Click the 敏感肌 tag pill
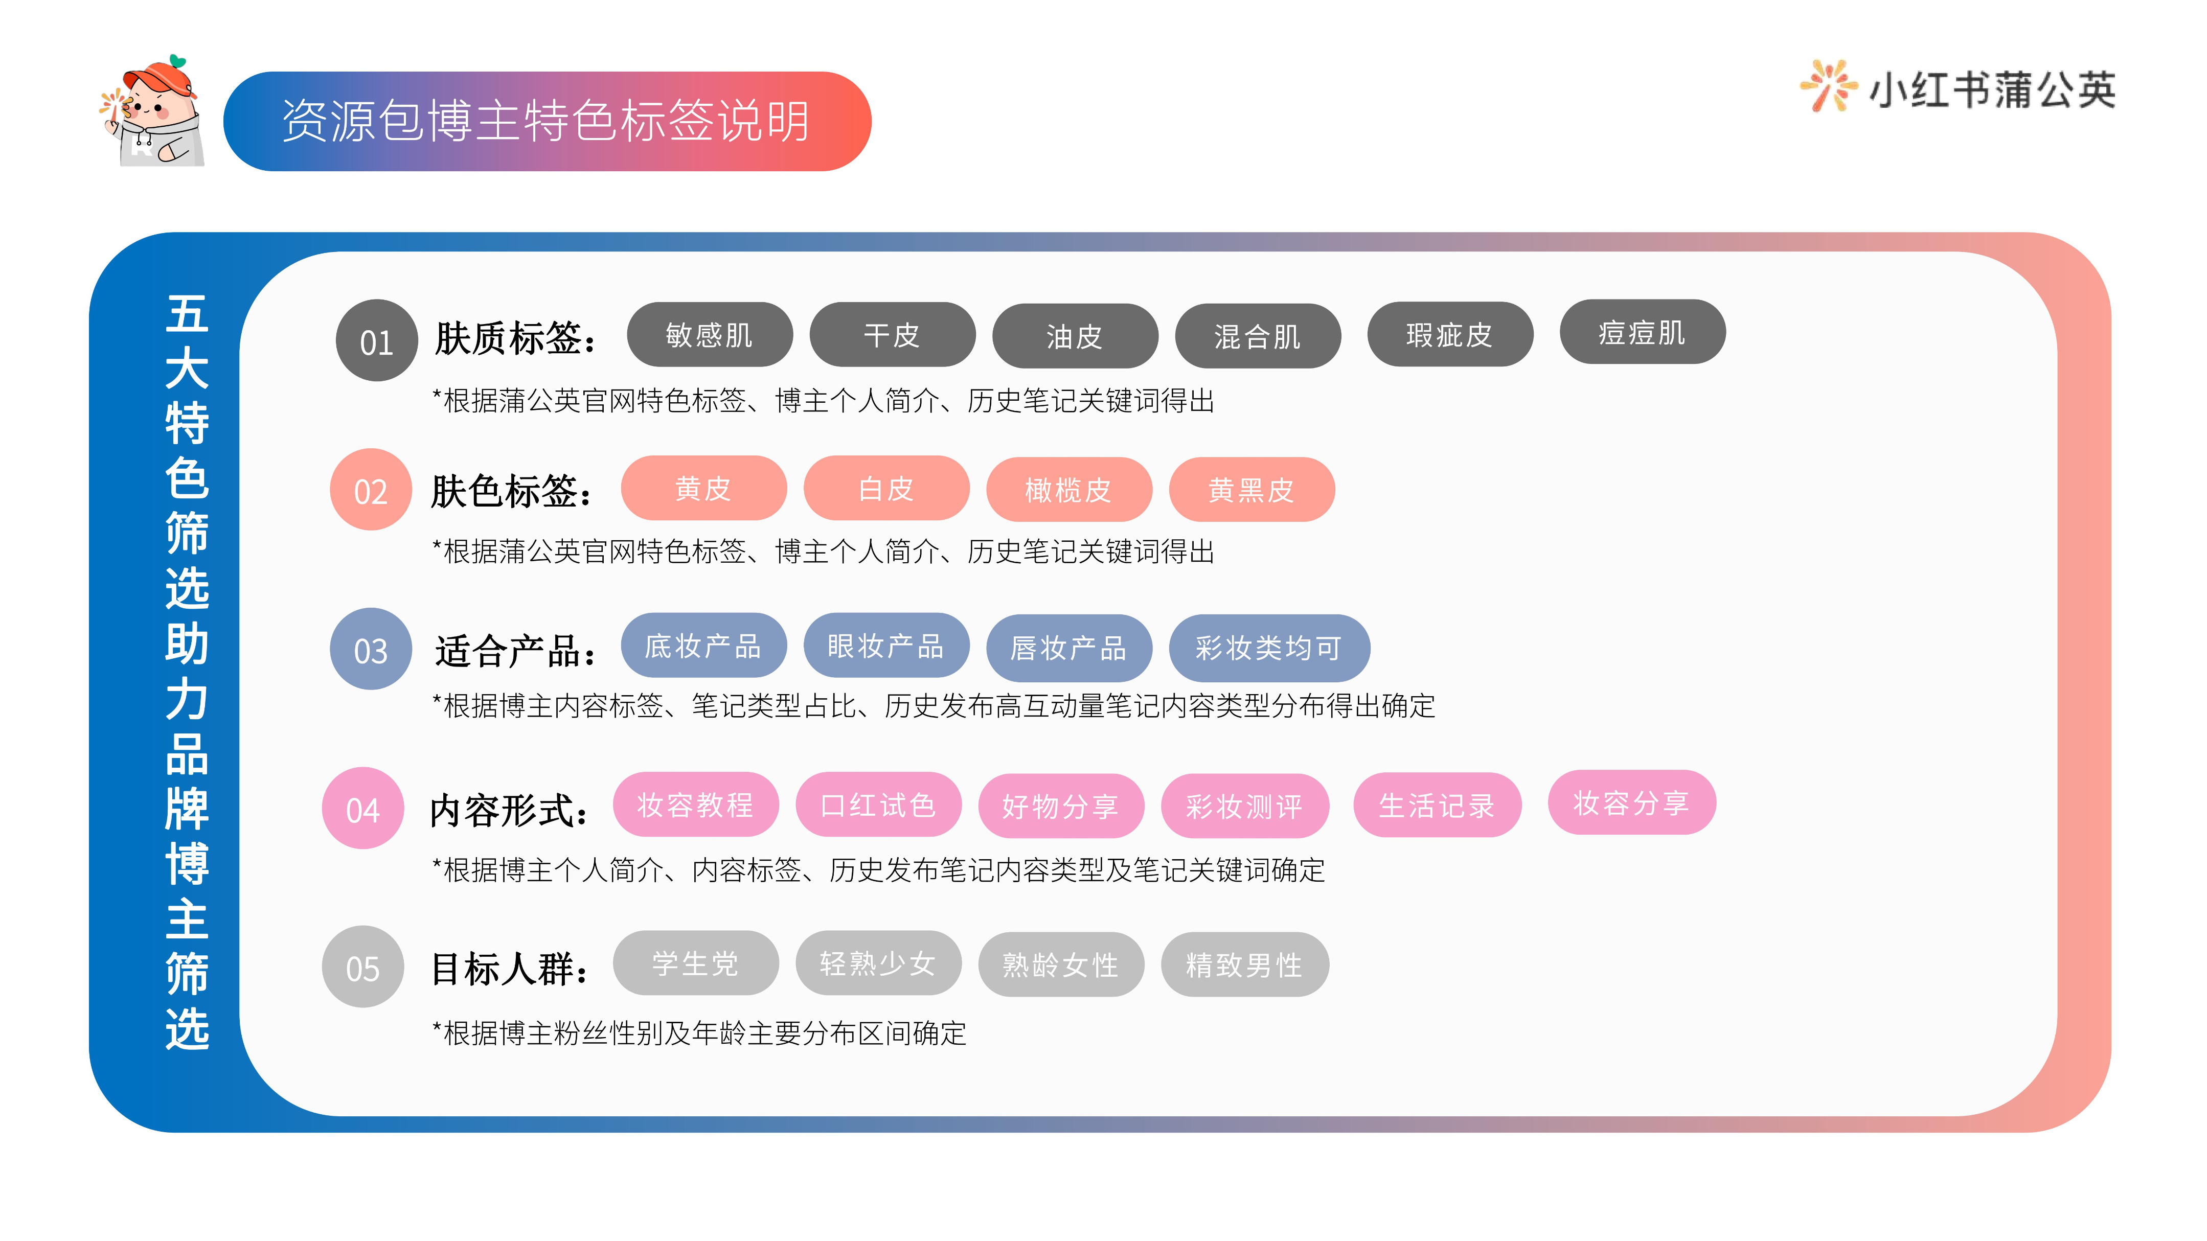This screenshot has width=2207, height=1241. pyautogui.click(x=710, y=335)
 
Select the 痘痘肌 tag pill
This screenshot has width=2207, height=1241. pyautogui.click(x=1642, y=332)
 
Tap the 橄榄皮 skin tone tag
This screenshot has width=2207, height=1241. pyautogui.click(x=1068, y=490)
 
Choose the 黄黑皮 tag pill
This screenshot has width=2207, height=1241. pyautogui.click(x=1251, y=490)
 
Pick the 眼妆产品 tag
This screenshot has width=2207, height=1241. pyautogui.click(x=886, y=646)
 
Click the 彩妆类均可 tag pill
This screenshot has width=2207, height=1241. pyautogui.click(x=1269, y=648)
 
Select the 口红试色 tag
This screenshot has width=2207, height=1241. pyautogui.click(x=878, y=805)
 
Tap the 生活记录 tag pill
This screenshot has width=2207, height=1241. pyautogui.click(x=1437, y=805)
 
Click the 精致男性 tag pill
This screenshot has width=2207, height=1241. pyautogui.click(x=1244, y=965)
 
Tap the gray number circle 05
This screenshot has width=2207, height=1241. pyautogui.click(x=362, y=967)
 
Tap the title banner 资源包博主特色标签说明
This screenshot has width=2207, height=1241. pyautogui.click(x=547, y=121)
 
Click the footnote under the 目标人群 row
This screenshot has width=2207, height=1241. pyautogui.click(x=699, y=1033)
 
